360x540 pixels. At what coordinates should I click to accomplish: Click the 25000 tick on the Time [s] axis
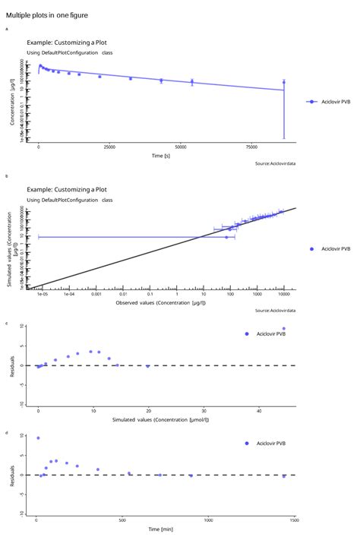pyautogui.click(x=109, y=147)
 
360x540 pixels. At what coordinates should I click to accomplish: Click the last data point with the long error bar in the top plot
pyautogui.click(x=284, y=82)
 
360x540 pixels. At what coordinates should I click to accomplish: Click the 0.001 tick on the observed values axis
pyautogui.click(x=96, y=295)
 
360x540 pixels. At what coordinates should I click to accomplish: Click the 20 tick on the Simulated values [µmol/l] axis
pyautogui.click(x=149, y=410)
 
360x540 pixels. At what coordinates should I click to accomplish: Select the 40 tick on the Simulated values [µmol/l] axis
pyautogui.click(x=260, y=410)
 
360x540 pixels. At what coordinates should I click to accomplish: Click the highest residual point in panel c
pyautogui.click(x=284, y=329)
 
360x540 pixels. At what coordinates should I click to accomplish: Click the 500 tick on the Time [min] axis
pyautogui.click(x=122, y=520)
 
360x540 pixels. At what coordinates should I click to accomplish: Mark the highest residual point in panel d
pyautogui.click(x=38, y=438)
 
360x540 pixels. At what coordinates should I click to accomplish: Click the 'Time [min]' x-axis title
pyautogui.click(x=159, y=529)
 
